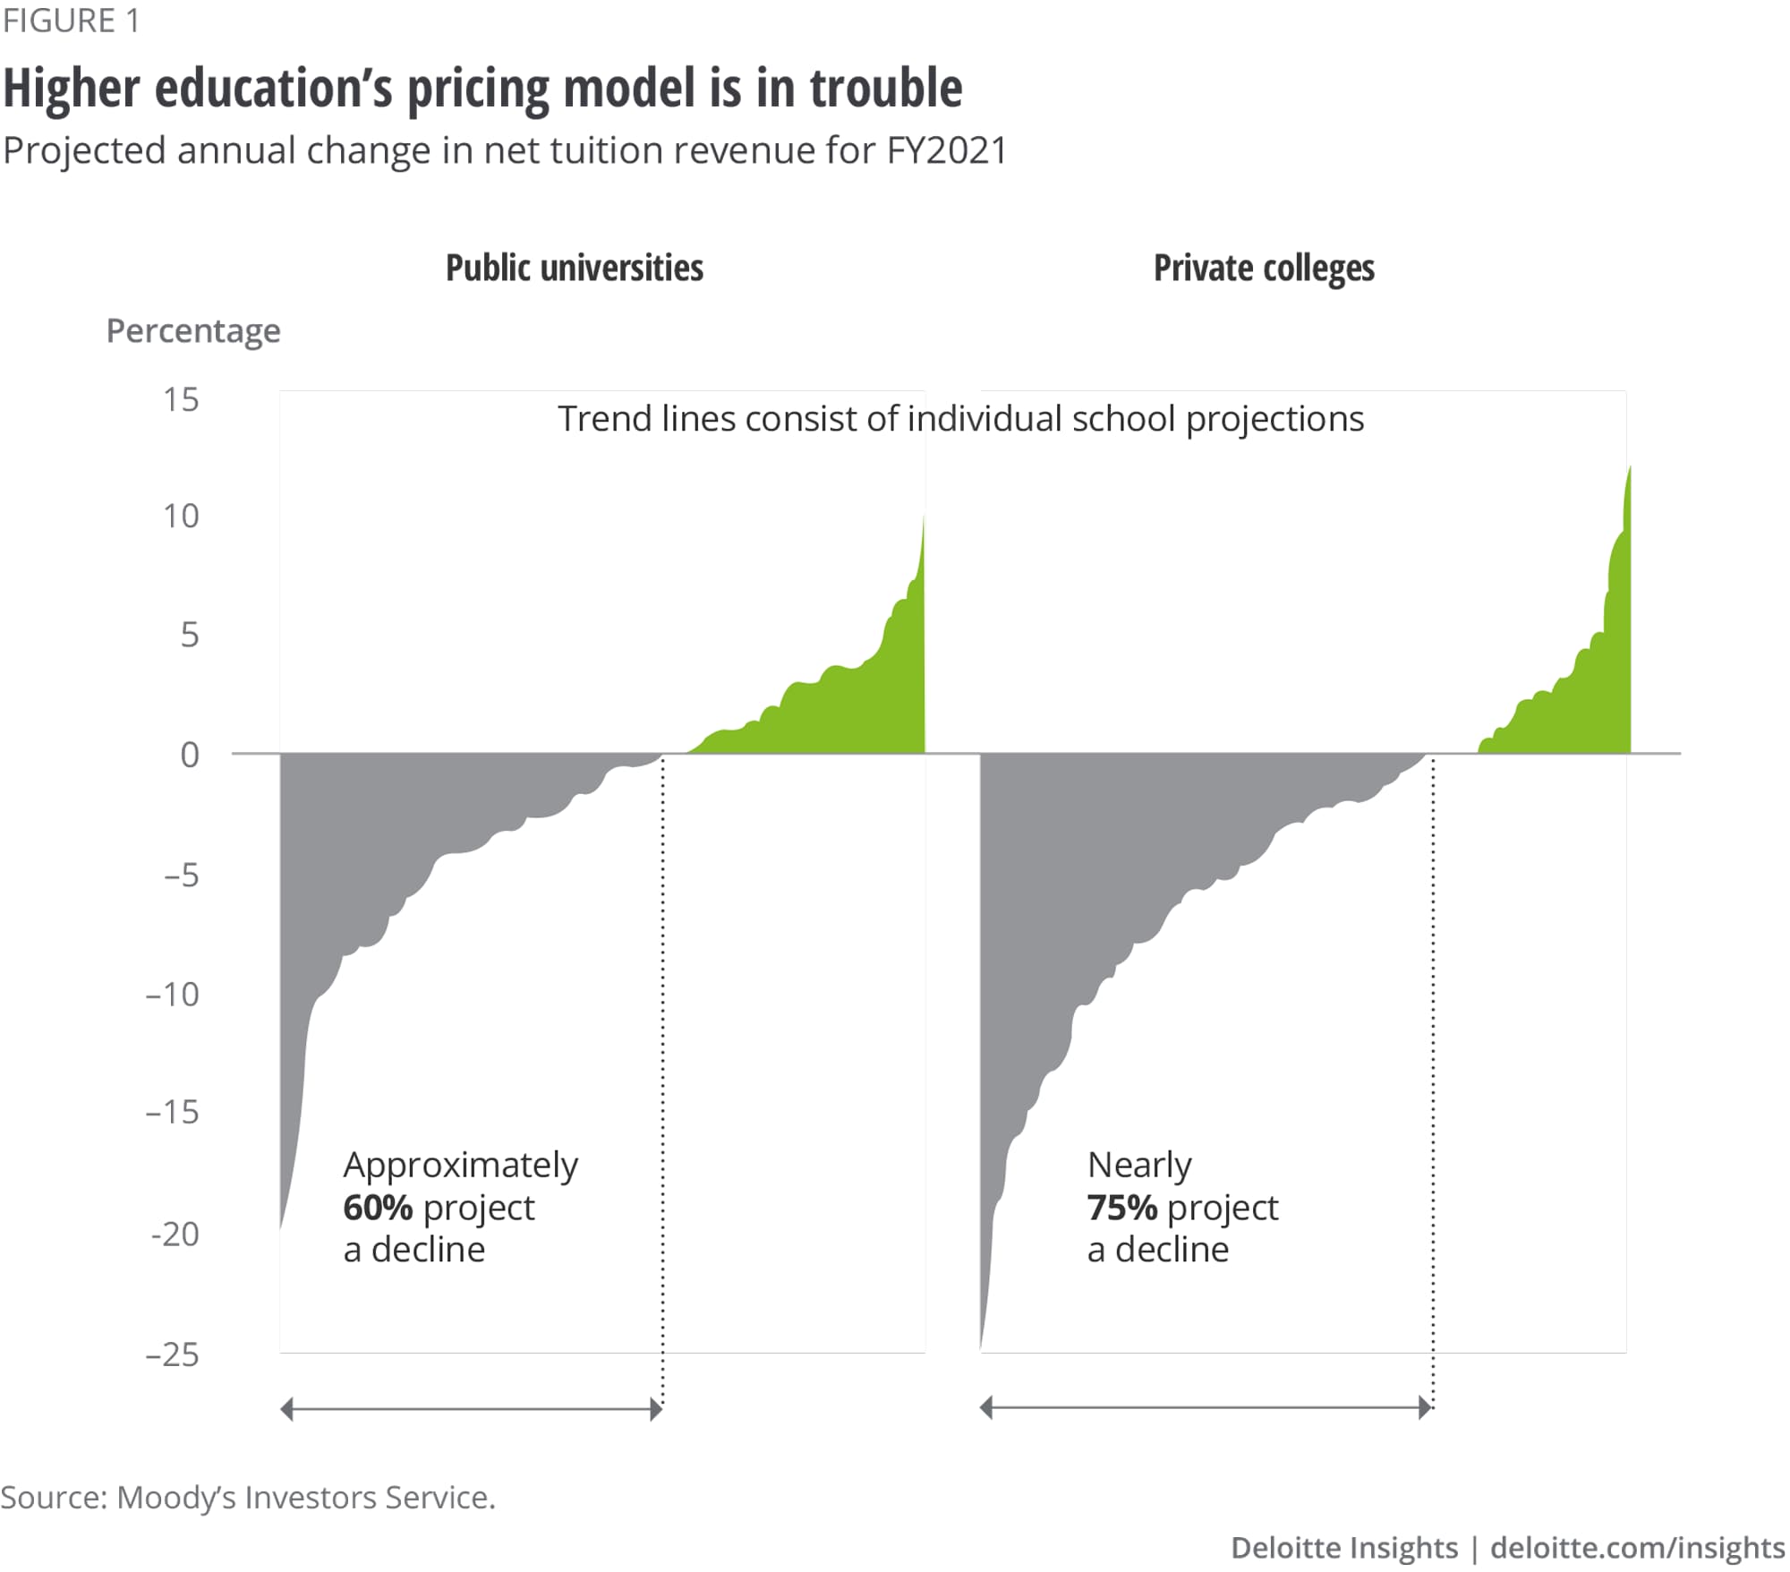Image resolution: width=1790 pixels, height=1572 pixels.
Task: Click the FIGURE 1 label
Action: pyautogui.click(x=71, y=21)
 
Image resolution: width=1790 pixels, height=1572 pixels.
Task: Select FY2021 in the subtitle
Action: pyautogui.click(x=946, y=150)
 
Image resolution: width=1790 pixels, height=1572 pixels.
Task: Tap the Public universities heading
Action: pyautogui.click(x=575, y=268)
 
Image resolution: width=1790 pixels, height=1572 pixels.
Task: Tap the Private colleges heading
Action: pyautogui.click(x=1264, y=268)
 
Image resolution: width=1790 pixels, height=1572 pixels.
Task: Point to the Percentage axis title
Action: pyautogui.click(x=193, y=331)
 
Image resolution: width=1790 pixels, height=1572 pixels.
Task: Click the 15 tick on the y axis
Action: pyautogui.click(x=181, y=399)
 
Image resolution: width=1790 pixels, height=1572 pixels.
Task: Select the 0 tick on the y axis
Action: pyautogui.click(x=189, y=755)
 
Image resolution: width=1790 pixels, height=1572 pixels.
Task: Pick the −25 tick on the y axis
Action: pyautogui.click(x=173, y=1354)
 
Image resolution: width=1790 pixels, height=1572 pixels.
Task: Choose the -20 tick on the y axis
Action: pyautogui.click(x=175, y=1235)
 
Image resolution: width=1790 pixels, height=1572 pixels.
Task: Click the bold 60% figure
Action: pyautogui.click(x=378, y=1208)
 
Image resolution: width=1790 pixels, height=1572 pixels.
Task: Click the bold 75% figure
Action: pyautogui.click(x=1122, y=1208)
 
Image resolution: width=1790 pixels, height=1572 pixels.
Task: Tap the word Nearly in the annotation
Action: pyautogui.click(x=1139, y=1166)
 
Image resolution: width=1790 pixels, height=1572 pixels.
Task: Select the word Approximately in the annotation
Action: pyautogui.click(x=461, y=1166)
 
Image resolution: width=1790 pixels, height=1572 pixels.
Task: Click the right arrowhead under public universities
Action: pyautogui.click(x=657, y=1410)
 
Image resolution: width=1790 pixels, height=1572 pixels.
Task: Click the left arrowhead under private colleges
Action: pyautogui.click(x=986, y=1408)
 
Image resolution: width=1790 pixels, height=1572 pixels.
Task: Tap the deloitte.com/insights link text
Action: pyautogui.click(x=1637, y=1548)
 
